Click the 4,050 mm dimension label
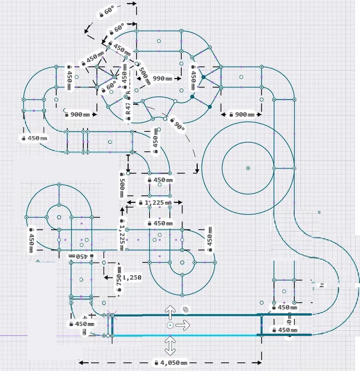coord(170,363)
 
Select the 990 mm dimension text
coord(162,79)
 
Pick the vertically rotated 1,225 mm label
coord(122,234)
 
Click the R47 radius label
coord(128,106)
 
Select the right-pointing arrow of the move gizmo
coord(183,325)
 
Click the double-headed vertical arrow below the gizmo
coord(170,346)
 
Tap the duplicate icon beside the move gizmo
coord(186,310)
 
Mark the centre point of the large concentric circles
coord(248,168)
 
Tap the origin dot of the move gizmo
coord(170,325)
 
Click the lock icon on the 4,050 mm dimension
coord(156,363)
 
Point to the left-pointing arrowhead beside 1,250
coord(106,277)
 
